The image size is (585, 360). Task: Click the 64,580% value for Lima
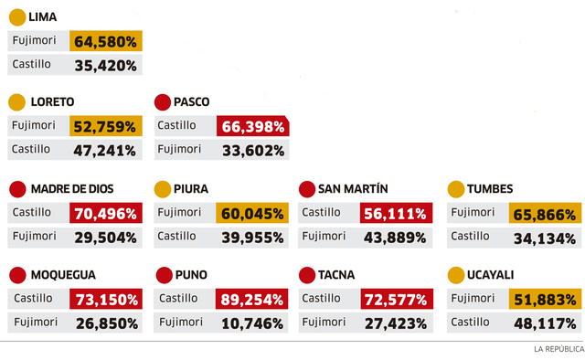pyautogui.click(x=107, y=41)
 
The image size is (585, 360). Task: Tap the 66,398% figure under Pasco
pyautogui.click(x=252, y=126)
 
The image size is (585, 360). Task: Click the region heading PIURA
pyautogui.click(x=190, y=189)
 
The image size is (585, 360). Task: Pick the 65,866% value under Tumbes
pyautogui.click(x=544, y=215)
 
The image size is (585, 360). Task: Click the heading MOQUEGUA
pyautogui.click(x=63, y=274)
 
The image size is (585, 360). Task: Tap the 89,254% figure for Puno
pyautogui.click(x=252, y=300)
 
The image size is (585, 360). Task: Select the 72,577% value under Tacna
pyautogui.click(x=394, y=300)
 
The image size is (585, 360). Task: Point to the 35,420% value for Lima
pyautogui.click(x=106, y=65)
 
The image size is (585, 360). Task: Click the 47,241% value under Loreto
pyautogui.click(x=106, y=150)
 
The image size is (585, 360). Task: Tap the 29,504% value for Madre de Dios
pyautogui.click(x=106, y=238)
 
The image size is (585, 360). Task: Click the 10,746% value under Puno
pyautogui.click(x=252, y=323)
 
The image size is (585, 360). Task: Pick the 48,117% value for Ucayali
pyautogui.click(x=544, y=323)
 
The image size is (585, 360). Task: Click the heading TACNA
pyautogui.click(x=336, y=274)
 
